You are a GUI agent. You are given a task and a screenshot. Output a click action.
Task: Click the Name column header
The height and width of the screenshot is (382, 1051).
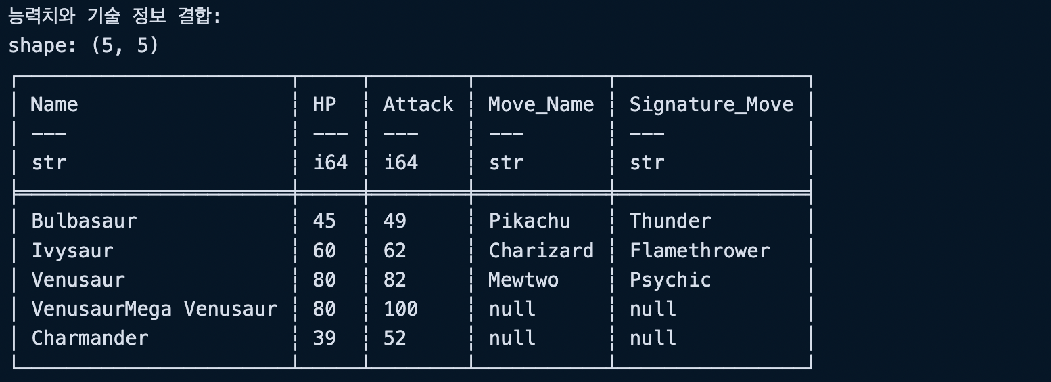tap(54, 104)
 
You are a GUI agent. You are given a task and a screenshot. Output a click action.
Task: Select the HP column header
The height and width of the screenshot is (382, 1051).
tap(324, 104)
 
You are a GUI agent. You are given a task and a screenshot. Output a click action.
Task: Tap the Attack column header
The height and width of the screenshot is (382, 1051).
tap(418, 104)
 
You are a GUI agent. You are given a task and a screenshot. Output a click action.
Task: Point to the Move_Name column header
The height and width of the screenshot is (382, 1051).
tap(541, 104)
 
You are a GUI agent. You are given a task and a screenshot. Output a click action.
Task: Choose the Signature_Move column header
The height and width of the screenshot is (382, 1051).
tap(711, 104)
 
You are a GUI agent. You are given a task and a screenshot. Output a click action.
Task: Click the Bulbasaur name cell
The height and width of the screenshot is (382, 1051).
tap(84, 221)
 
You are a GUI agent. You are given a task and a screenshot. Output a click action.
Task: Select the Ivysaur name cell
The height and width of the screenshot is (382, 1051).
tap(72, 251)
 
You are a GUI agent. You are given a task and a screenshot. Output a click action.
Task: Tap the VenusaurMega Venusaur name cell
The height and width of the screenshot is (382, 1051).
tap(154, 309)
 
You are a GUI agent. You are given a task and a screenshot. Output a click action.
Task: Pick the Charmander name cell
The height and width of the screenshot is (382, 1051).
tap(90, 338)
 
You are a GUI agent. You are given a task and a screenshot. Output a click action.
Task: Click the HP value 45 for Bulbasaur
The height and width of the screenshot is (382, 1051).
tap(324, 221)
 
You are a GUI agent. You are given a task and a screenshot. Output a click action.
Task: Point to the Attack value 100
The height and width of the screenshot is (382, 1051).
tap(400, 309)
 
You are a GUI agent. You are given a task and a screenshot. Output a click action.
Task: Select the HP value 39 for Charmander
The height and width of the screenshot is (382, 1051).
tap(324, 338)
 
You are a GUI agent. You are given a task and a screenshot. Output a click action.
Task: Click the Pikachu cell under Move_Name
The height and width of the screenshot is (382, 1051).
tap(530, 221)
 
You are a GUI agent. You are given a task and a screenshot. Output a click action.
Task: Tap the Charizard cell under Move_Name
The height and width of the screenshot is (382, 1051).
tap(541, 251)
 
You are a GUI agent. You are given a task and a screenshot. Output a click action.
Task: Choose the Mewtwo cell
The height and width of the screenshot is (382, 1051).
tap(523, 280)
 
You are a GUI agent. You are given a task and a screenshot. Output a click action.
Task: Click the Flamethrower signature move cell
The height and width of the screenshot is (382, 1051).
tap(699, 251)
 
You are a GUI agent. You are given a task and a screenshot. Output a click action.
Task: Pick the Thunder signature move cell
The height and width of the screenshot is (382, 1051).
tap(670, 221)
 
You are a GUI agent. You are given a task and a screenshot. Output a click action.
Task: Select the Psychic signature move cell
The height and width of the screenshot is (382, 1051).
tap(670, 280)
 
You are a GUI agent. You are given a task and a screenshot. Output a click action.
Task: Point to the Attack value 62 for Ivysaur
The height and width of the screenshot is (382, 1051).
tap(394, 251)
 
